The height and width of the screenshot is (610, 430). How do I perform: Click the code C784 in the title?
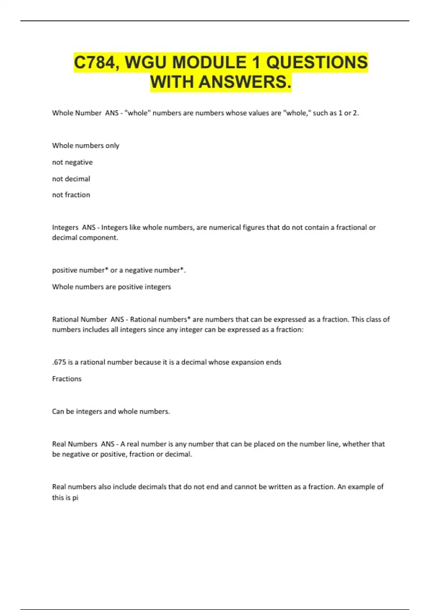click(x=94, y=63)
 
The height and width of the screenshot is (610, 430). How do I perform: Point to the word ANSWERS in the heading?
click(x=244, y=82)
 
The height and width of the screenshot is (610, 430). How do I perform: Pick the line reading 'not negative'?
click(x=72, y=162)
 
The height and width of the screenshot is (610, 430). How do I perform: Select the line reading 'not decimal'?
click(x=71, y=179)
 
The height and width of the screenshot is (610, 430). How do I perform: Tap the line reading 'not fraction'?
click(x=71, y=195)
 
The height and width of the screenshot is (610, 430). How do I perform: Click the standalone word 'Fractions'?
click(x=67, y=379)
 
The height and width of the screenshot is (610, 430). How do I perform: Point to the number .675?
click(x=59, y=362)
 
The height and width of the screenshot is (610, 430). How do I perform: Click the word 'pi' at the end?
click(x=75, y=498)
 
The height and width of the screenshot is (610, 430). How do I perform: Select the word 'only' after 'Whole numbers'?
click(x=112, y=146)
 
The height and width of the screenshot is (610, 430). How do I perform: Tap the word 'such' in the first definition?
click(x=320, y=113)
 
